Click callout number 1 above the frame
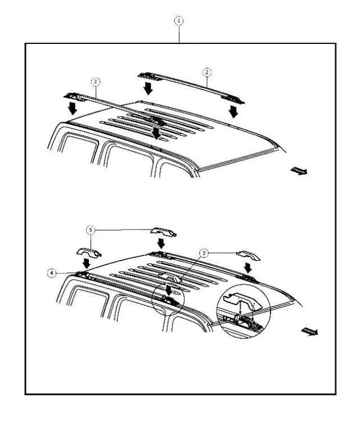click(179, 21)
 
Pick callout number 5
click(90, 230)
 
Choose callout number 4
click(52, 272)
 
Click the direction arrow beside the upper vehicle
click(299, 171)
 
